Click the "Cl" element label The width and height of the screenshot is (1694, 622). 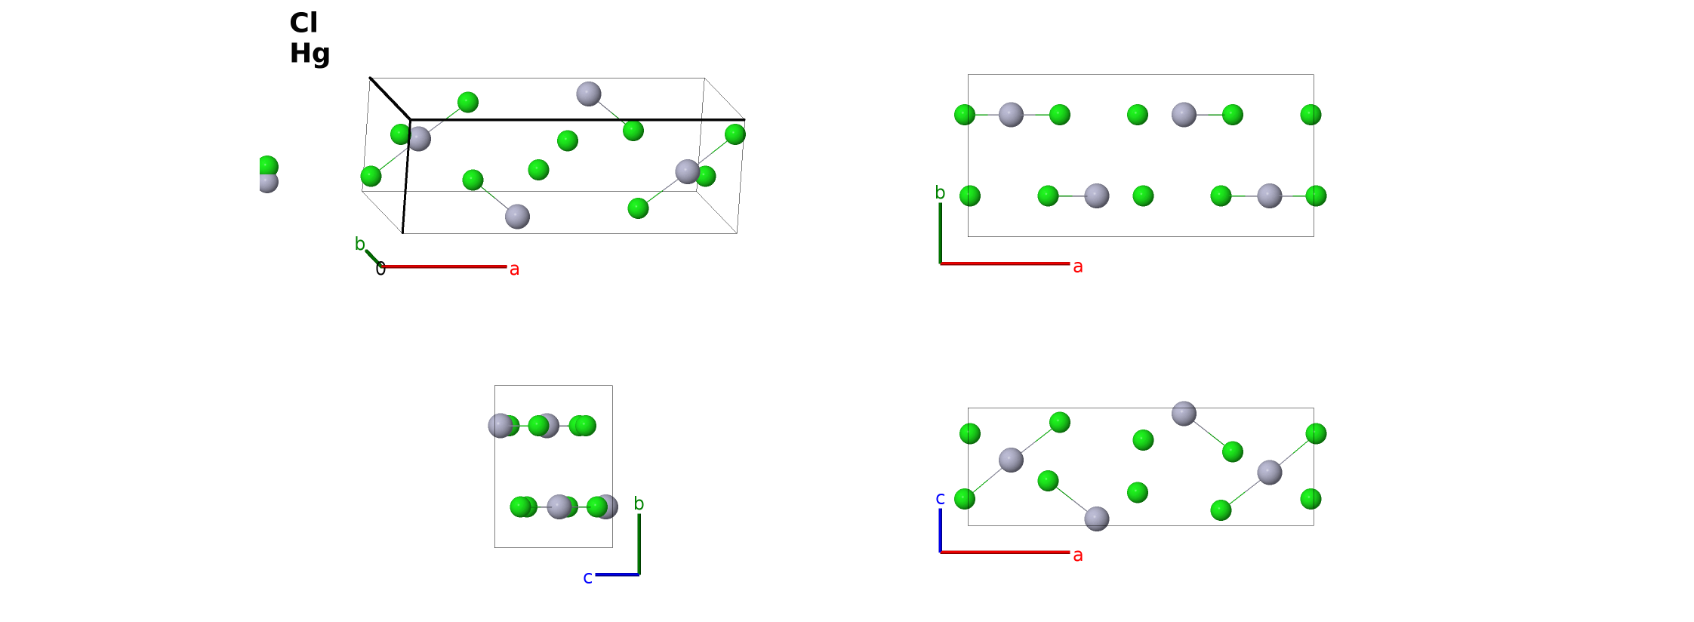coord(303,23)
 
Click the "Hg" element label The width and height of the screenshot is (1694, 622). coord(310,54)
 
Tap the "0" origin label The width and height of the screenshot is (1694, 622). coord(380,269)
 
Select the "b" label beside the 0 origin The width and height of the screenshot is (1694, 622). coord(359,244)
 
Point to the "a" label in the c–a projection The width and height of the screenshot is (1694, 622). coord(1078,556)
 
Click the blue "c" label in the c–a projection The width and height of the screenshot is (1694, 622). coord(940,498)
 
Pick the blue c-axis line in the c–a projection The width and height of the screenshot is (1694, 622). coord(940,531)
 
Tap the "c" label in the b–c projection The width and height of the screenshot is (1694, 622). coord(587,578)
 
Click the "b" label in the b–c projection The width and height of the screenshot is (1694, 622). coord(639,503)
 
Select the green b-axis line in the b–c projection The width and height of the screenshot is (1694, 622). coord(639,544)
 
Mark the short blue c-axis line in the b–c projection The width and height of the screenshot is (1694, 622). coord(618,574)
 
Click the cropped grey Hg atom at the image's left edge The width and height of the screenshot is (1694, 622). coord(268,181)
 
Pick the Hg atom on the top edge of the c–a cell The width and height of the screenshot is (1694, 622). coord(1184,414)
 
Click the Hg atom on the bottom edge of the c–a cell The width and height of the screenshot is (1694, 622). coord(1097,519)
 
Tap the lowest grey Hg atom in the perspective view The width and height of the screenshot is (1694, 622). coord(517,217)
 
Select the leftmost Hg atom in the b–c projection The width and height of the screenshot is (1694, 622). coord(500,426)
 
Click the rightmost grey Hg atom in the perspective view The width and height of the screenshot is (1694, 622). coord(688,171)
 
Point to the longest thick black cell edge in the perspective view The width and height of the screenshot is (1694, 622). coord(577,119)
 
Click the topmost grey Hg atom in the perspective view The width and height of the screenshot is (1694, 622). coord(589,94)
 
